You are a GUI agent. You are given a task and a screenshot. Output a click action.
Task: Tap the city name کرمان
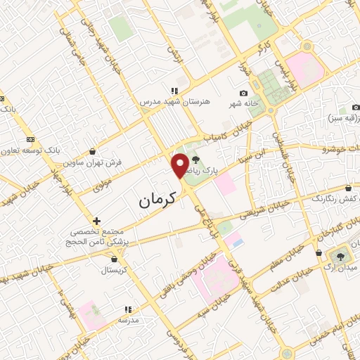(x=150, y=201)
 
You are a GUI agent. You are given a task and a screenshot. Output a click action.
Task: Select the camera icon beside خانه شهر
(x=243, y=94)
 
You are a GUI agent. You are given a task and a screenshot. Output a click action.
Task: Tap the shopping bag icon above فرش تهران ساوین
(x=94, y=151)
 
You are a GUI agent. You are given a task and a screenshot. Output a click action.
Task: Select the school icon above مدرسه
(x=127, y=309)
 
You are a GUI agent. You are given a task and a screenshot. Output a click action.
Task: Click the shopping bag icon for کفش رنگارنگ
(x=349, y=188)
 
